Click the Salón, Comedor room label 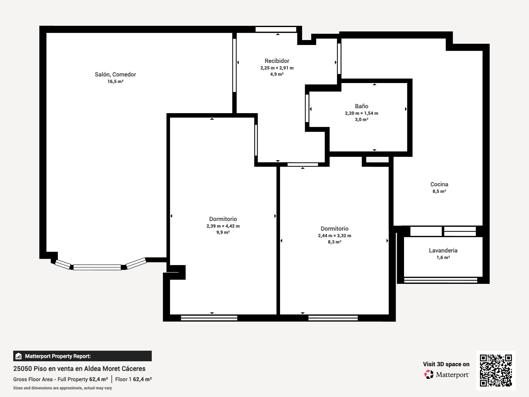pyautogui.click(x=115, y=74)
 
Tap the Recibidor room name pyautogui.click(x=277, y=61)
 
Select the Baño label pyautogui.click(x=361, y=106)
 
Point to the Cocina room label pyautogui.click(x=439, y=184)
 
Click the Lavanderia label pyautogui.click(x=443, y=250)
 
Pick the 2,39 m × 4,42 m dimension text pyautogui.click(x=223, y=226)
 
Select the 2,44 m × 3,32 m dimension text pyautogui.click(x=335, y=236)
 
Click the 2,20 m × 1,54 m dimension pyautogui.click(x=361, y=113)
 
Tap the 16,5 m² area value pyautogui.click(x=115, y=81)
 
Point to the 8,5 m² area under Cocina pyautogui.click(x=439, y=192)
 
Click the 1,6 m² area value pyautogui.click(x=443, y=257)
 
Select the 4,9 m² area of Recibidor pyautogui.click(x=277, y=74)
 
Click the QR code pyautogui.click(x=496, y=370)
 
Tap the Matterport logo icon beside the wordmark pyautogui.click(x=429, y=375)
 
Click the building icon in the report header pyautogui.click(x=19, y=356)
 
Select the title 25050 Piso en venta pyautogui.click(x=79, y=369)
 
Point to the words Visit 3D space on pyautogui.click(x=446, y=364)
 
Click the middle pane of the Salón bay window pyautogui.click(x=97, y=267)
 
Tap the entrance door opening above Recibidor pyautogui.click(x=276, y=29)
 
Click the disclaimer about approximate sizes pyautogui.click(x=62, y=388)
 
